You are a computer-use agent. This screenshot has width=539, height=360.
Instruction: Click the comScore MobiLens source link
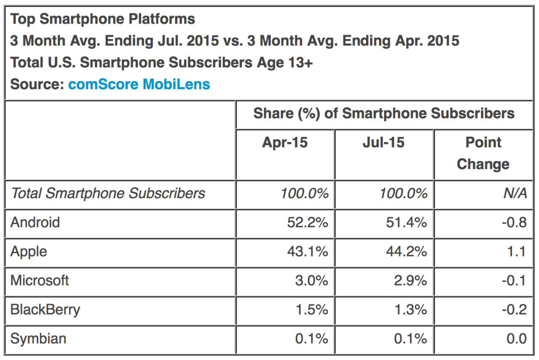click(x=139, y=84)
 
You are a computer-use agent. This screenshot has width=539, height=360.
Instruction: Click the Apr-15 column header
click(x=285, y=142)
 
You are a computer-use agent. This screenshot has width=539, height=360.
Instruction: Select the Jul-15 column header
click(x=383, y=142)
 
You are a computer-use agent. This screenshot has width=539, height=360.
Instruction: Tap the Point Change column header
click(x=483, y=153)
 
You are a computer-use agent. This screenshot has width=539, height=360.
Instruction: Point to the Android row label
click(x=35, y=222)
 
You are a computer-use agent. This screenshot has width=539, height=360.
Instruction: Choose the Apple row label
click(x=29, y=251)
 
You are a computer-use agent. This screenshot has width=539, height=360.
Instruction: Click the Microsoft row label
click(x=40, y=280)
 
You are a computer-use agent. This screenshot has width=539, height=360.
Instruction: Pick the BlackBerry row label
click(x=45, y=310)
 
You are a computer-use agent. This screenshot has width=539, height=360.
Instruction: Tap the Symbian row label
click(x=38, y=339)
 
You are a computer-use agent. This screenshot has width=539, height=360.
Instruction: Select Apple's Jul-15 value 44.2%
click(x=406, y=252)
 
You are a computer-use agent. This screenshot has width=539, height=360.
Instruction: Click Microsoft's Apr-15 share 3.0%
click(x=312, y=281)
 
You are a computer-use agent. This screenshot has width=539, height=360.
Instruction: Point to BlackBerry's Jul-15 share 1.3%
click(x=411, y=310)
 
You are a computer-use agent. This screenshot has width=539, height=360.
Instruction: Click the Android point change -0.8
click(x=514, y=222)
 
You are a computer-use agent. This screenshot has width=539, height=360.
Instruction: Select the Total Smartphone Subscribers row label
click(x=108, y=193)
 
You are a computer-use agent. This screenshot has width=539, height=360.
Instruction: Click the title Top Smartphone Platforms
click(x=103, y=19)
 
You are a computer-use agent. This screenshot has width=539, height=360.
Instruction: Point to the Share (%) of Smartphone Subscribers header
click(x=384, y=113)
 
